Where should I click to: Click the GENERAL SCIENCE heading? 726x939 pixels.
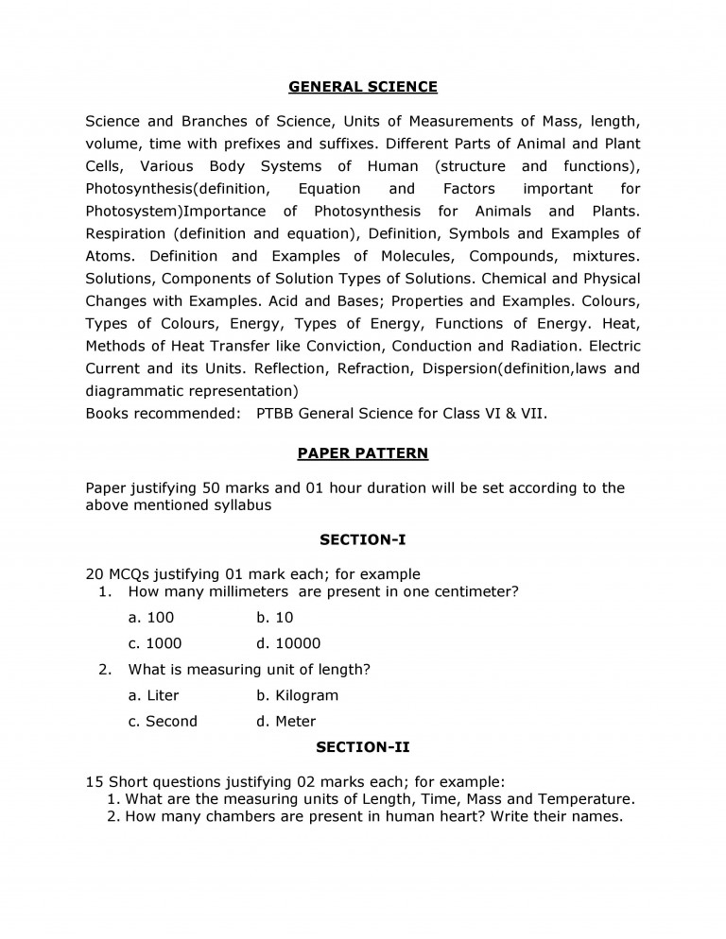pyautogui.click(x=363, y=87)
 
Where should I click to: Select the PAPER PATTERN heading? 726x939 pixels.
pyautogui.click(x=363, y=453)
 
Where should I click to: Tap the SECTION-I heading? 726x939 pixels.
pyautogui.click(x=363, y=539)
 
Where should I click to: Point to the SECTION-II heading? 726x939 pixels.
pyautogui.click(x=363, y=747)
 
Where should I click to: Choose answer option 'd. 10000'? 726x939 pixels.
pyautogui.click(x=288, y=643)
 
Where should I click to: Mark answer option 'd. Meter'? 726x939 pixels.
pyautogui.click(x=285, y=721)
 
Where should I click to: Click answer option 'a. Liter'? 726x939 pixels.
pyautogui.click(x=153, y=695)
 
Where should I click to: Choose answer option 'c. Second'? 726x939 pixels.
pyautogui.click(x=163, y=721)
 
